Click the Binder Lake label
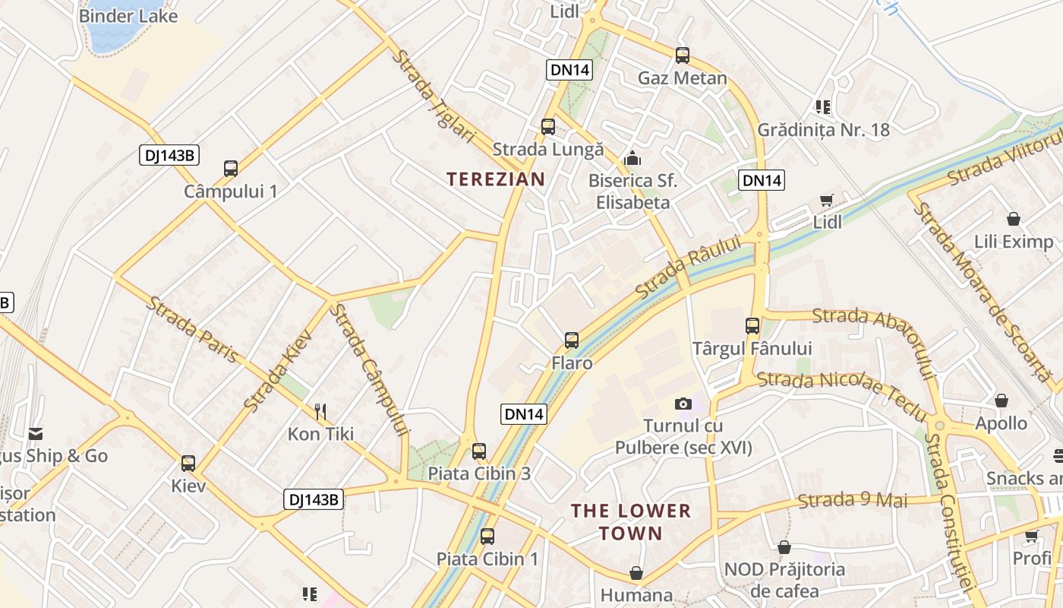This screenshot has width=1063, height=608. (x=128, y=15)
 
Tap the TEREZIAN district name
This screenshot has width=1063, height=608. (x=495, y=179)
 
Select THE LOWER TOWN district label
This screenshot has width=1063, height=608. (x=631, y=521)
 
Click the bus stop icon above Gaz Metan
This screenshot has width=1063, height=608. (x=683, y=55)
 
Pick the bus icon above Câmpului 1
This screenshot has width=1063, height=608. (x=231, y=168)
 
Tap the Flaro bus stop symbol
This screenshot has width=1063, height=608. (x=572, y=340)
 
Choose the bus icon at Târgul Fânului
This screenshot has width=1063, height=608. (x=752, y=325)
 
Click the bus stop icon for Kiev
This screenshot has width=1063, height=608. (x=188, y=462)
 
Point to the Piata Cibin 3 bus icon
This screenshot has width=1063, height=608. (x=478, y=451)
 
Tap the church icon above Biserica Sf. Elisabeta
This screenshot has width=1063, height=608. (x=632, y=158)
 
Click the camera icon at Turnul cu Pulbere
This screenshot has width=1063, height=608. (x=683, y=404)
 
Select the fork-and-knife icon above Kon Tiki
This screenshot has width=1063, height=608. (x=320, y=412)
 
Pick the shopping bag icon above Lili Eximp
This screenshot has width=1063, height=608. (x=1013, y=219)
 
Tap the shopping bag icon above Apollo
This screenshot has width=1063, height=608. (x=1001, y=400)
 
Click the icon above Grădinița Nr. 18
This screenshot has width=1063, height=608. (x=822, y=106)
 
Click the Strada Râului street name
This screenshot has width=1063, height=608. (x=688, y=267)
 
